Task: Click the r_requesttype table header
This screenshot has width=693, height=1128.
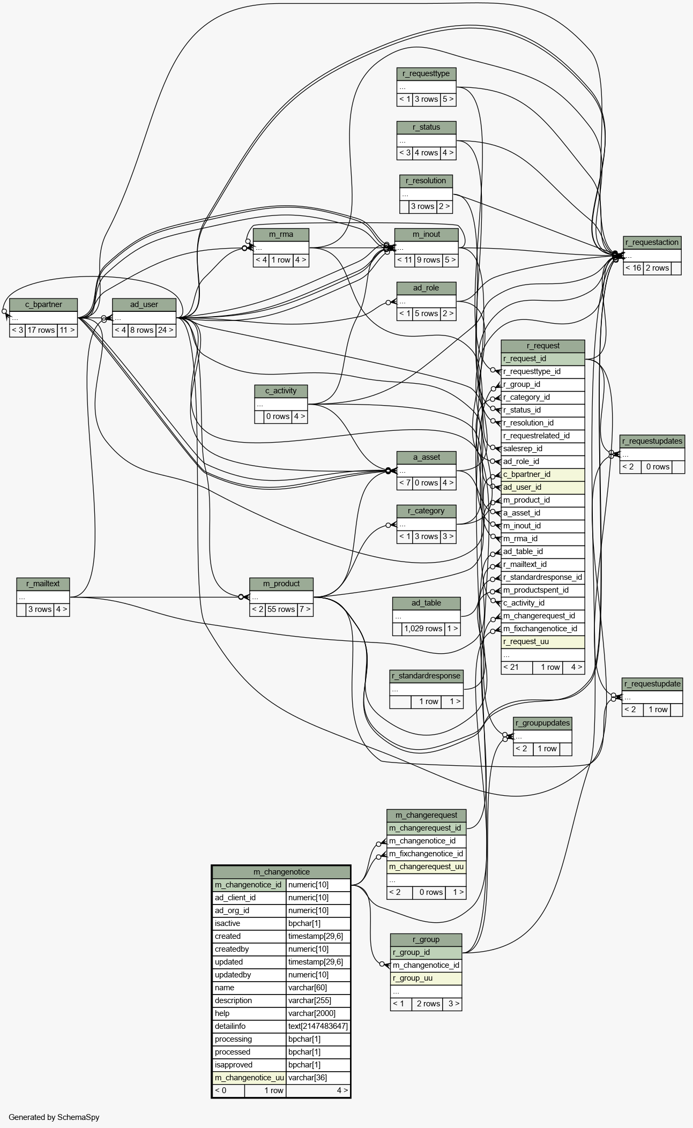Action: (426, 74)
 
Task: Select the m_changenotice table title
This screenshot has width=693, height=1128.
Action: (281, 872)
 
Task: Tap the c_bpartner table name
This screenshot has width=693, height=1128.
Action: (43, 305)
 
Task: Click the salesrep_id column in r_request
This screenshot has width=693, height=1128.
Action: (543, 449)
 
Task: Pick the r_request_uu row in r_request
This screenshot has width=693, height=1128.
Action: (543, 641)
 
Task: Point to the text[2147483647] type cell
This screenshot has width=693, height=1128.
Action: (318, 1026)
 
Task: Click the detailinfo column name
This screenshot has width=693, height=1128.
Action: (249, 1026)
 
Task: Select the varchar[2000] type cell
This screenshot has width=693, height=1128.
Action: (318, 1013)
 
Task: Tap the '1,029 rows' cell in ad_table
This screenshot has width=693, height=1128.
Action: (423, 629)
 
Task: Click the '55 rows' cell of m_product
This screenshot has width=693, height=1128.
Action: (281, 609)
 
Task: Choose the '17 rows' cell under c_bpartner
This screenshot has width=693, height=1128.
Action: (41, 330)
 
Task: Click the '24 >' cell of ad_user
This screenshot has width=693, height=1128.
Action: (166, 330)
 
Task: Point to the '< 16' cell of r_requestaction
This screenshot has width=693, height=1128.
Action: (633, 268)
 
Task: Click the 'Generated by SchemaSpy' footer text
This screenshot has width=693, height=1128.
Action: (54, 1117)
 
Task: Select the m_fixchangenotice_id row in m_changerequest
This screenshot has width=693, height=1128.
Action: (426, 854)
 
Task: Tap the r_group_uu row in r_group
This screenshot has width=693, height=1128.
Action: (426, 978)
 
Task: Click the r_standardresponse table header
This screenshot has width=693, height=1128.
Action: (426, 676)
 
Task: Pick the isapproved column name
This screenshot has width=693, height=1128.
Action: (249, 1065)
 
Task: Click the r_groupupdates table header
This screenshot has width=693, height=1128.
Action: (542, 723)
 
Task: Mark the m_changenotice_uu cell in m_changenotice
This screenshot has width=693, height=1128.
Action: (249, 1078)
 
